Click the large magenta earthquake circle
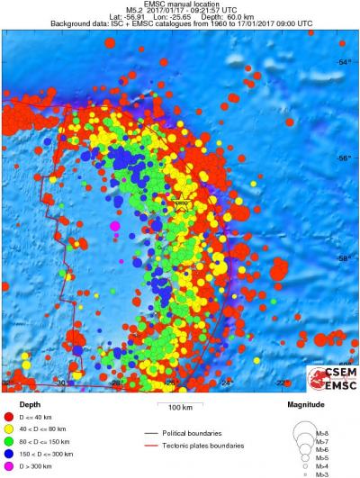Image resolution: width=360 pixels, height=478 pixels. [x=115, y=226]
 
